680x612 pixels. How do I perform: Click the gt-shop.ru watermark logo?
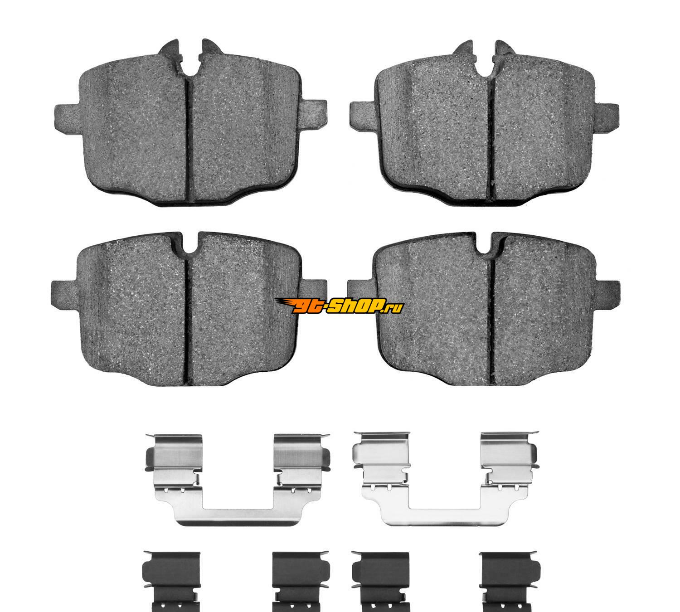tap(339, 306)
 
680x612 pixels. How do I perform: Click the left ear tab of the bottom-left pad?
tap(64, 293)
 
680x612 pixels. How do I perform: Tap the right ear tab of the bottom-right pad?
tap(607, 293)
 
